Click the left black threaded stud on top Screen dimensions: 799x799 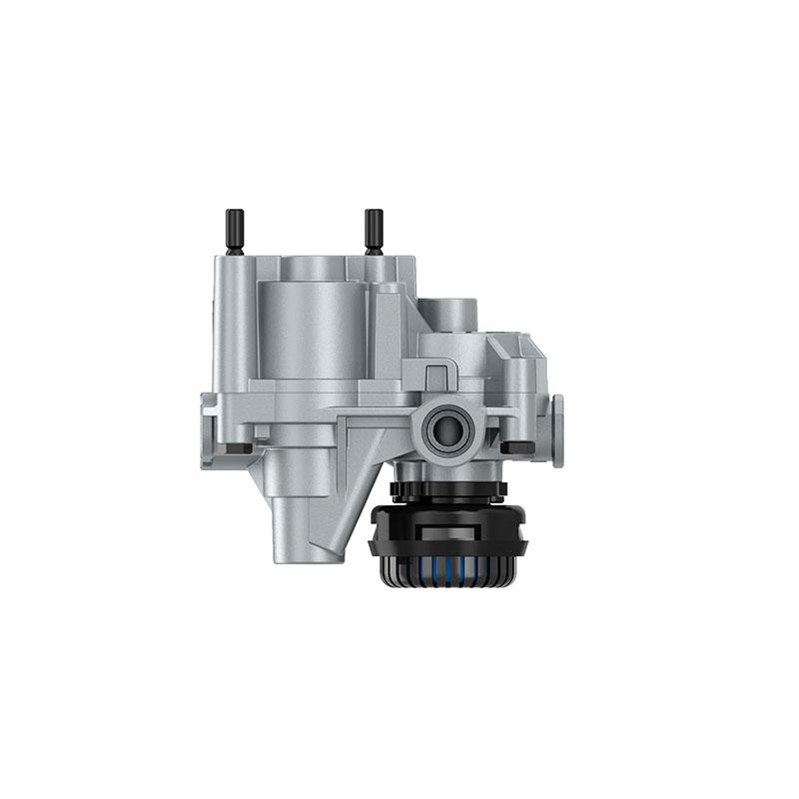pos(235,231)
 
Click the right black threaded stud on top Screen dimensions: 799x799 pos(374,231)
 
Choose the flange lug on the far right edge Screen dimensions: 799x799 pos(556,419)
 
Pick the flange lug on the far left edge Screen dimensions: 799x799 pos(208,429)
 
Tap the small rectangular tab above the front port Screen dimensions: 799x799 pos(435,378)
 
